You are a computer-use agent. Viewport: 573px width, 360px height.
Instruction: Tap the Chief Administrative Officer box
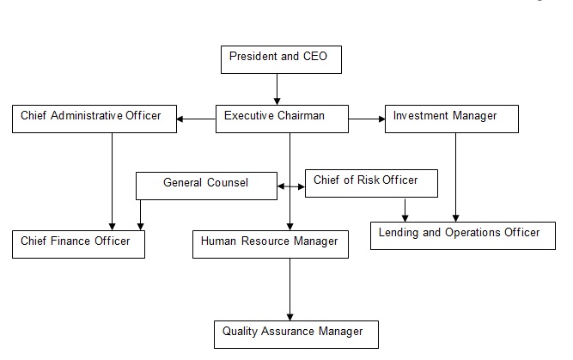94,119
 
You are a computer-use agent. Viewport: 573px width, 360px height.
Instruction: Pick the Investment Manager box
451,119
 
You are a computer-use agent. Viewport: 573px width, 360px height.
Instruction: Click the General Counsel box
205,185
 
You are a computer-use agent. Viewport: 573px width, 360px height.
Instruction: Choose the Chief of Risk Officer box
371,183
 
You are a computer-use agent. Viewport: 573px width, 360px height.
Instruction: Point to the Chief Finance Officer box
78,244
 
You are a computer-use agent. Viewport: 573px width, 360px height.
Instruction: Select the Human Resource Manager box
270,244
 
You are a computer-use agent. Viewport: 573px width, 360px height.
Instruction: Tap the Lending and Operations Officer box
462,235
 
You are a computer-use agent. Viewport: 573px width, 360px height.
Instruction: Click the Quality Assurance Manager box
296,334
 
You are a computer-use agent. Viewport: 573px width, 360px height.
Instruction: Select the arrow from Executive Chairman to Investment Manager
367,119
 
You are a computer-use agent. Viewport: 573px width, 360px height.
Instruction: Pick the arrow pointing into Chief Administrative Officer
197,119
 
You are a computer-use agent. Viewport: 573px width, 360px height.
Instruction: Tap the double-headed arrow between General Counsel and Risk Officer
291,186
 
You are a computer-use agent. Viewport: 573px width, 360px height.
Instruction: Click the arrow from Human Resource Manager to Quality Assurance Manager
290,289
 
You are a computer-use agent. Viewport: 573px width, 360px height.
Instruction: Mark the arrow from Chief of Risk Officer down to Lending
405,210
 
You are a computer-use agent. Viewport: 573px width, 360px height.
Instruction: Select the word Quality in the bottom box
241,331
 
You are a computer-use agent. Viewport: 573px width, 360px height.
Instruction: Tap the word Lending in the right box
401,232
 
